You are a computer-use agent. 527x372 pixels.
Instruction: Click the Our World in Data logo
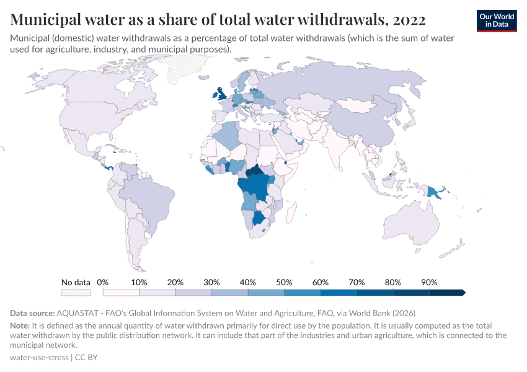point(496,20)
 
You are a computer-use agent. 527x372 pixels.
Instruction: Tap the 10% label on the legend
point(139,283)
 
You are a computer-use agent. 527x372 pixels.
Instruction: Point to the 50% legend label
point(284,283)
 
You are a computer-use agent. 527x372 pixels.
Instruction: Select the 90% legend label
point(429,283)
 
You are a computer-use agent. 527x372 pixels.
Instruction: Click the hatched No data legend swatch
point(76,293)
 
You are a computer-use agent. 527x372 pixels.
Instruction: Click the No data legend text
point(76,283)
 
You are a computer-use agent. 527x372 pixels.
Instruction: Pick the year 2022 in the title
point(409,20)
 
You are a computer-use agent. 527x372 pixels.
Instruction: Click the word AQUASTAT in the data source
point(79,313)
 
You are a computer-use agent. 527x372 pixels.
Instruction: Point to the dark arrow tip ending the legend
point(463,293)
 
